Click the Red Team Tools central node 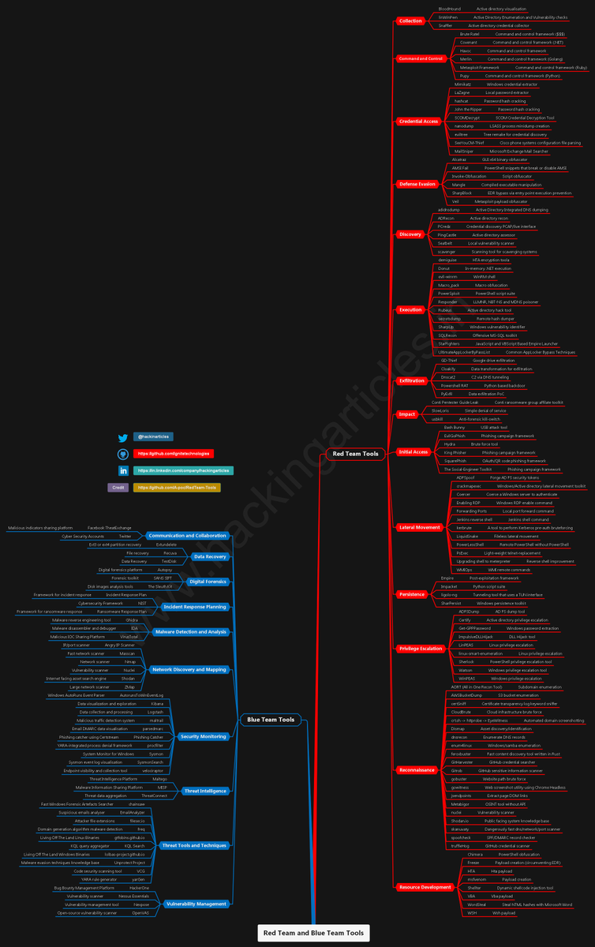tap(355, 454)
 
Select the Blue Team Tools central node tap(271, 720)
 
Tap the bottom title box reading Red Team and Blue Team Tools tap(313, 933)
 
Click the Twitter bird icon tap(123, 438)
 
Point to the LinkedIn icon tap(123, 471)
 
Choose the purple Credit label tap(118, 488)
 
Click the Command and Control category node tap(420, 58)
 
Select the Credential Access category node tap(418, 122)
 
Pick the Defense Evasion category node tap(417, 184)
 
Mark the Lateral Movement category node tap(420, 527)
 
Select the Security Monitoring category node tap(203, 736)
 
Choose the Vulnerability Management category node tap(196, 904)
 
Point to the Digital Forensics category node tap(208, 581)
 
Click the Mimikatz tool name tap(462, 84)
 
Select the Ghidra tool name tap(132, 620)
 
